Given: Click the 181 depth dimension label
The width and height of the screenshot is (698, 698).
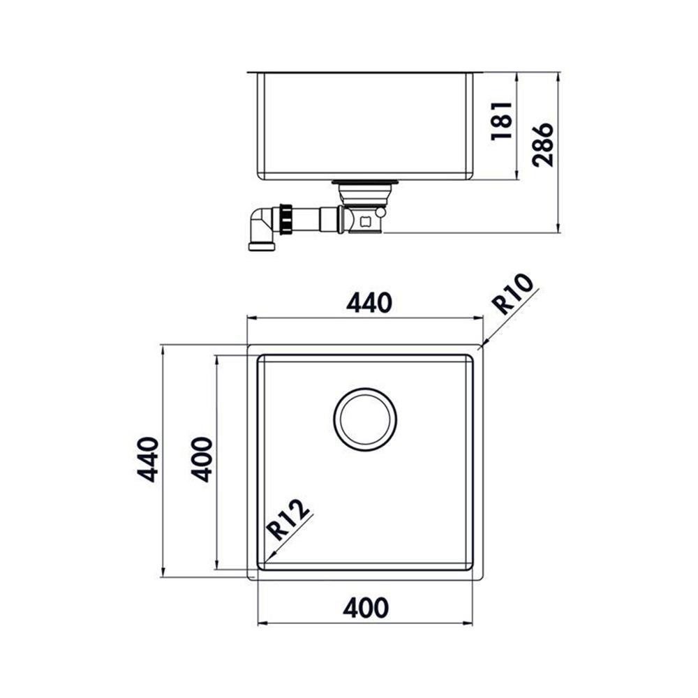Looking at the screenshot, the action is pos(501,121).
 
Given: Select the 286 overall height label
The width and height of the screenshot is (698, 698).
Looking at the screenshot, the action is pos(543,144).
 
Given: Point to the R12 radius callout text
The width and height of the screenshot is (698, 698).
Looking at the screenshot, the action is pos(288,519).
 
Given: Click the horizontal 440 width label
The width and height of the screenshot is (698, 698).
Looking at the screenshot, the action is pos(369,303).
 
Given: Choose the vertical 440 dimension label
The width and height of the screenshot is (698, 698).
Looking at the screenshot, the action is pos(148,460).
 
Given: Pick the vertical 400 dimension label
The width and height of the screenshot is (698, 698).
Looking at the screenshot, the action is pos(202,460).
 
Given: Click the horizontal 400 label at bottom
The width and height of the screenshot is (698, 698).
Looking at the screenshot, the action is pos(366,608).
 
